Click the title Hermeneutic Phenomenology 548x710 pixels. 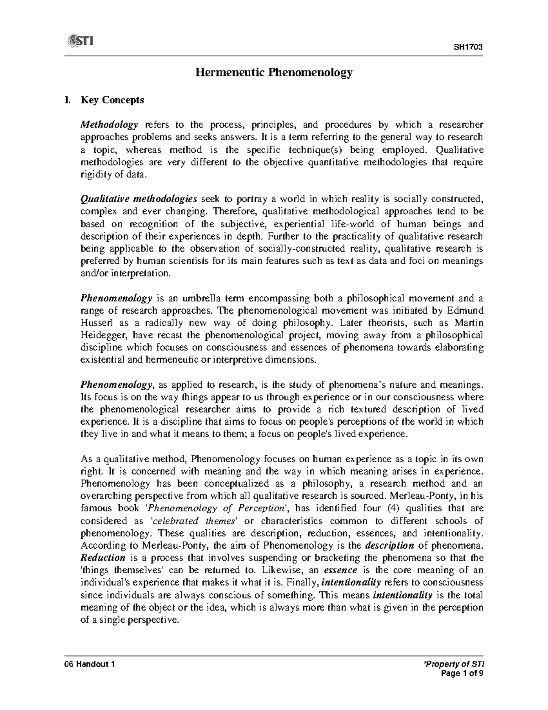(274, 72)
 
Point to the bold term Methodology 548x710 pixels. (109, 125)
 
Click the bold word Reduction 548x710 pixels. (103, 558)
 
